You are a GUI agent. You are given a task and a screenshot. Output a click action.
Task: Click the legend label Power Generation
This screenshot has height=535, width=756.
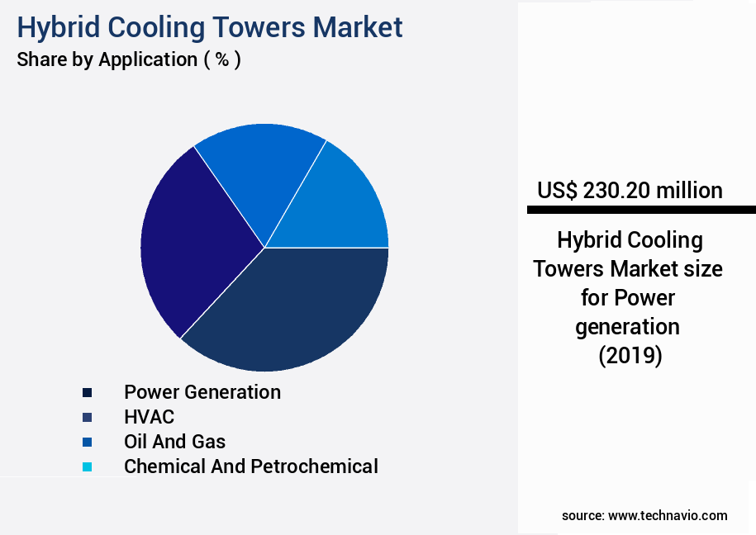point(202,392)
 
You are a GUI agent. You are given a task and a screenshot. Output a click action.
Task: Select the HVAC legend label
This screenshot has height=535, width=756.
point(149,417)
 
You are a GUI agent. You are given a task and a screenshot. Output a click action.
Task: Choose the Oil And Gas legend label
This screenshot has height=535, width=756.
point(174,442)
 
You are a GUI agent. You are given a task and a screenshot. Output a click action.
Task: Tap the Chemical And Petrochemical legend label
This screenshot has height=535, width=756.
point(250,466)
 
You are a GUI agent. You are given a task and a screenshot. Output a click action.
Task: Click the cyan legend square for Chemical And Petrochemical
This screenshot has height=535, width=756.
point(87,467)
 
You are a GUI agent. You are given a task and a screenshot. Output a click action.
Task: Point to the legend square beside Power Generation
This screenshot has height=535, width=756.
point(87,393)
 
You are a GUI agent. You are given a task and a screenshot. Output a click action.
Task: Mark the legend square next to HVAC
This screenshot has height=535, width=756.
point(87,418)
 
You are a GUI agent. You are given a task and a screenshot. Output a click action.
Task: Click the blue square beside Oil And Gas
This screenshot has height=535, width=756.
point(87,443)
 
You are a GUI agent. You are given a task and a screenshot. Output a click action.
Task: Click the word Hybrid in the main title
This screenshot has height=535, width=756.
point(56,27)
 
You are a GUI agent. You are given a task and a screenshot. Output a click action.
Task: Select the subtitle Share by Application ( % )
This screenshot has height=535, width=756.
point(129,59)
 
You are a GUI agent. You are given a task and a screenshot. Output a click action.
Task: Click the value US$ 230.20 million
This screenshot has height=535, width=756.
point(630,191)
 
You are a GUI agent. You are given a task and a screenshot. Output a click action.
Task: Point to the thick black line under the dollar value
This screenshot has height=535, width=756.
point(641,211)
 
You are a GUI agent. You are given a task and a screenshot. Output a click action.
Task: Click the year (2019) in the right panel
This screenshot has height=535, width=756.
point(630,355)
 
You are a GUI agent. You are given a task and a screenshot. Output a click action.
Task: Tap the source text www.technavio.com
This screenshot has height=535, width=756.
point(668,515)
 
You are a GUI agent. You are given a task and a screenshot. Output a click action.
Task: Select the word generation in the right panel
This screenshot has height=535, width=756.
point(628,326)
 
